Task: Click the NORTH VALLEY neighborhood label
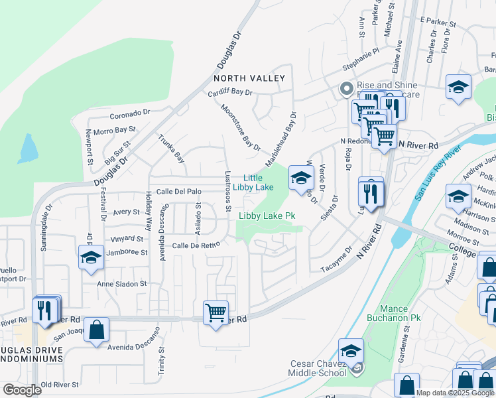point(249,78)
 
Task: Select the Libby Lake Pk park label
point(267,216)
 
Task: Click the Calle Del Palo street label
point(178,192)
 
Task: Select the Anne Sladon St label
point(122,284)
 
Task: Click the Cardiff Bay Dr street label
point(230,93)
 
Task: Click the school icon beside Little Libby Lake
point(301,176)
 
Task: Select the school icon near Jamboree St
point(91,257)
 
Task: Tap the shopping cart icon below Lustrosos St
point(216,312)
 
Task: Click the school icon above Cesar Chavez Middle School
point(351,350)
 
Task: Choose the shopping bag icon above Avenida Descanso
point(97,329)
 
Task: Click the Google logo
point(22,390)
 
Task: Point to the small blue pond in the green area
point(29,149)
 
